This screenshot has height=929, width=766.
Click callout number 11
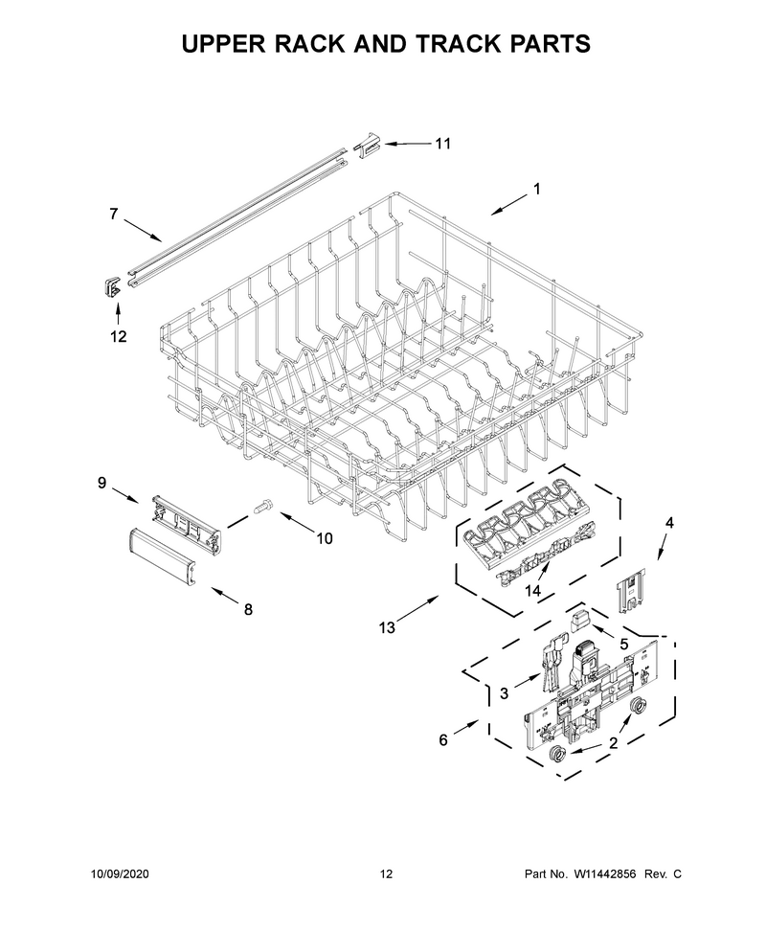443,144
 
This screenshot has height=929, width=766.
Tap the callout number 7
114,214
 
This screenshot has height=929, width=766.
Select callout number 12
119,336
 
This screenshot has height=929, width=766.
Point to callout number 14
532,591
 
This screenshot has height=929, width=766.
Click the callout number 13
387,627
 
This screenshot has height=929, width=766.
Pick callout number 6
443,740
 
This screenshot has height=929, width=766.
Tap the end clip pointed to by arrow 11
369,146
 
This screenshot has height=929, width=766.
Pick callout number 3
505,693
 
